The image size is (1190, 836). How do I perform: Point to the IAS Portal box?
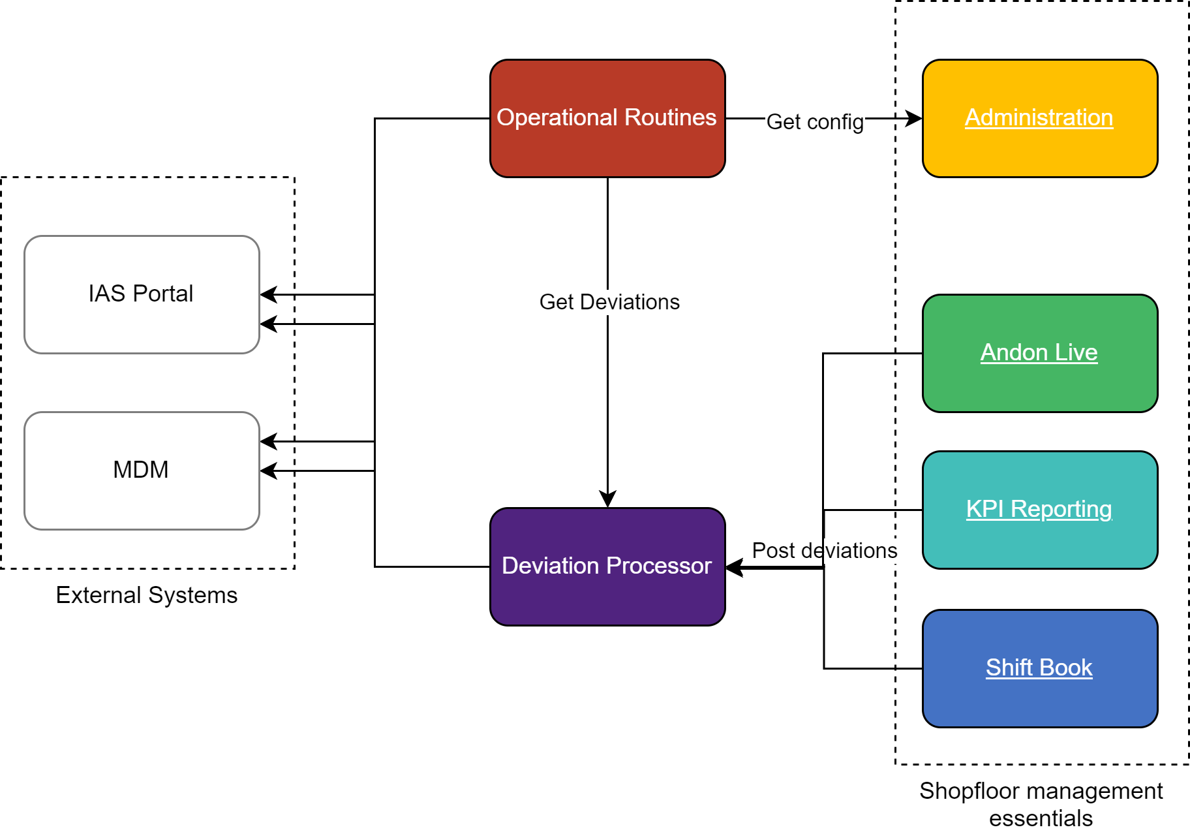pos(142,294)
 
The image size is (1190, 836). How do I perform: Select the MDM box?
pos(142,470)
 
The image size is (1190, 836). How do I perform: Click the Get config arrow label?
pos(815,122)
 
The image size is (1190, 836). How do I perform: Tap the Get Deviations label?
pos(609,302)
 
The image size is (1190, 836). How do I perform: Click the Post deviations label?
pos(824,551)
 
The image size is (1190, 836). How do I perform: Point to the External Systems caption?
pos(147,595)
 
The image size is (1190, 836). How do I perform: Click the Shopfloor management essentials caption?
pos(1041,804)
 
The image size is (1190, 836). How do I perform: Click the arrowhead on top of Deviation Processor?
pos(607,500)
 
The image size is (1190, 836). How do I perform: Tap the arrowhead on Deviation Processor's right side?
pos(735,567)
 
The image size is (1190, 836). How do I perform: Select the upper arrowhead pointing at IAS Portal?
pos(268,294)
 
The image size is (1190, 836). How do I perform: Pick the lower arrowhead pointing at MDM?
pos(268,471)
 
